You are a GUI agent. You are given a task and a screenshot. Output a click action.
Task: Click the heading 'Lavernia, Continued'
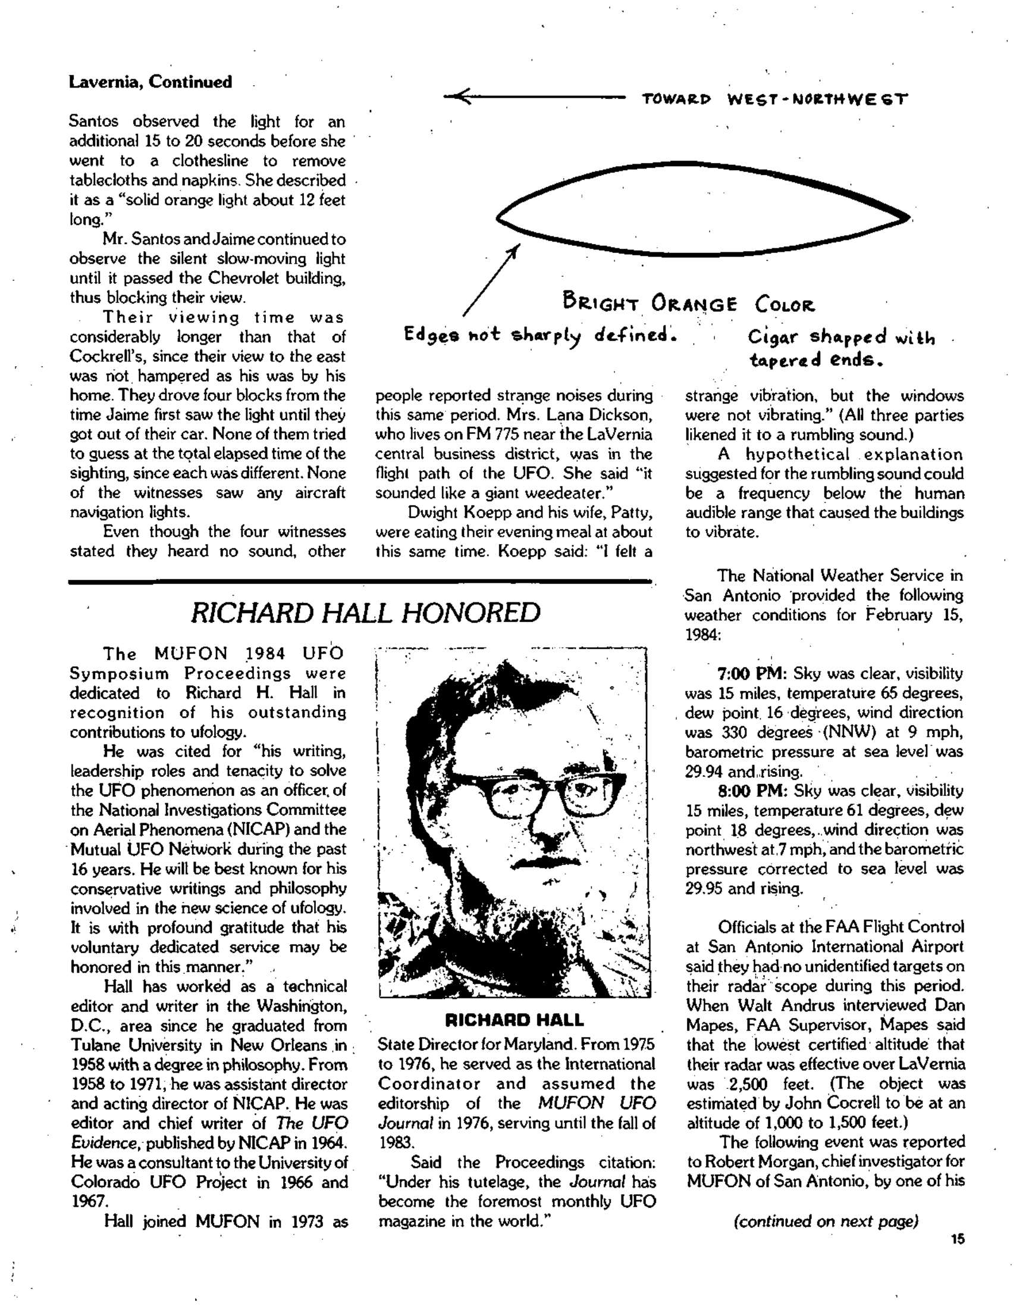(x=150, y=82)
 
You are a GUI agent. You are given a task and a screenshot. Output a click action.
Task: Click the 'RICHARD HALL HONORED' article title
(x=365, y=613)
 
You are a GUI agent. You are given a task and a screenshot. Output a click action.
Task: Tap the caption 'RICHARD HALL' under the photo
(x=514, y=1020)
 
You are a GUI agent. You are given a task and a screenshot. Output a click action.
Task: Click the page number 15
(x=958, y=1239)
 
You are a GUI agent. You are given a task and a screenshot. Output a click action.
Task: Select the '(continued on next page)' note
(x=826, y=1221)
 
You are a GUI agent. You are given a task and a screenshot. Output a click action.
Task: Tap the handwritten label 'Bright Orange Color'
(x=689, y=303)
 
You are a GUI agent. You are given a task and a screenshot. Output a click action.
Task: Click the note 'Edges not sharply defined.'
(x=540, y=334)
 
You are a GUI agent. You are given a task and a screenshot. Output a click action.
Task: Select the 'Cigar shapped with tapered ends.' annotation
(x=840, y=348)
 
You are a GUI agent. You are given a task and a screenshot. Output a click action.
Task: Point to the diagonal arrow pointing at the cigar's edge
(x=491, y=280)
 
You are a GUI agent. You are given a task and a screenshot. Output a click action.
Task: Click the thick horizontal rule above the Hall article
(x=361, y=581)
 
